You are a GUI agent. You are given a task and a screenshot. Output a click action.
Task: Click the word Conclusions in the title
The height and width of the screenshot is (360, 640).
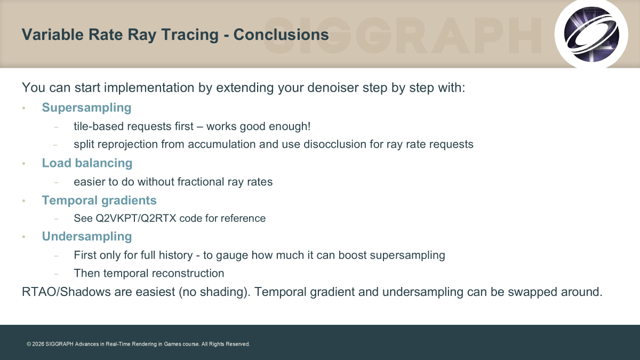pyautogui.click(x=281, y=35)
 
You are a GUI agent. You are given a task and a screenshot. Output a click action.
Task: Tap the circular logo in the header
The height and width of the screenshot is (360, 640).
pyautogui.click(x=591, y=34)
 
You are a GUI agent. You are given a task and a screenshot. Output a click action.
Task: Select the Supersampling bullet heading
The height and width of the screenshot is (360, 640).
pyautogui.click(x=86, y=108)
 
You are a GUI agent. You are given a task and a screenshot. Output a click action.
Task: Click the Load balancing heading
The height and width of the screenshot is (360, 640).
pyautogui.click(x=87, y=163)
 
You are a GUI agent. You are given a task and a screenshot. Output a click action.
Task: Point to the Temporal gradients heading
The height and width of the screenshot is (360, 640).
pyautogui.click(x=99, y=201)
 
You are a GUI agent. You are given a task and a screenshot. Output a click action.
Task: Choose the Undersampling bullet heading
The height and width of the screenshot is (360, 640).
pyautogui.click(x=87, y=237)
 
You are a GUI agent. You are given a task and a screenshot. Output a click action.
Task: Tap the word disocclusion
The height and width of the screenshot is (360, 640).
pyautogui.click(x=335, y=145)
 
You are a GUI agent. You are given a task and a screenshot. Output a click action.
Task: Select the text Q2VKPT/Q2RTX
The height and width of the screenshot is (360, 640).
pyautogui.click(x=135, y=218)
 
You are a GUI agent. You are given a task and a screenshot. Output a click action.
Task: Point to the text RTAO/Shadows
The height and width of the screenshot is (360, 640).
pyautogui.click(x=66, y=292)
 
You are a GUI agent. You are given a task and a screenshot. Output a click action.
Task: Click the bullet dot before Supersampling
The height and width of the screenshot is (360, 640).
pyautogui.click(x=23, y=108)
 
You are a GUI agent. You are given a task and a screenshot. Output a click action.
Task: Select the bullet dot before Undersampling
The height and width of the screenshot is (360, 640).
pyautogui.click(x=23, y=237)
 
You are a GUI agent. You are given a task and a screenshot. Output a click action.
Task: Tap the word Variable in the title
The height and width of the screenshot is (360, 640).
pyautogui.click(x=53, y=35)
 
